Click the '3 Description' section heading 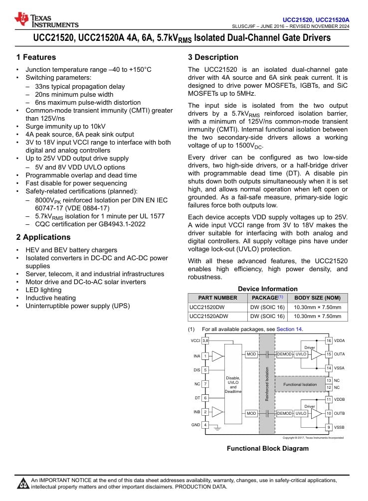coord(213,57)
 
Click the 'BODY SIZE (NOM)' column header coord(318,298)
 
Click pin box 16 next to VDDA coord(329,341)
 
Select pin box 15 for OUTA coord(329,354)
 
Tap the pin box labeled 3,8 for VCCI coord(205,341)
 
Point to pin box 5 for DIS coord(205,370)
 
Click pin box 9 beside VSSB coord(329,427)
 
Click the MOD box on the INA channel coord(251,354)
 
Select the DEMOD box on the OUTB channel coord(284,414)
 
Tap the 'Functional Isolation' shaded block coord(300,384)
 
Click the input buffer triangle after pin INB coord(217,412)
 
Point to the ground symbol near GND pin coord(217,428)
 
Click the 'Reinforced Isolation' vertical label coord(267,384)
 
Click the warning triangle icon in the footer coord(23,484)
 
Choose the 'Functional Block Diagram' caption coord(268,449)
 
